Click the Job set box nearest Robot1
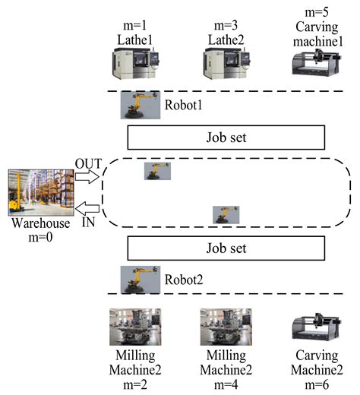coord(226,137)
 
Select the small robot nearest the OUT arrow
coord(157,171)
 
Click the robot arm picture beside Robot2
coord(140,279)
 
